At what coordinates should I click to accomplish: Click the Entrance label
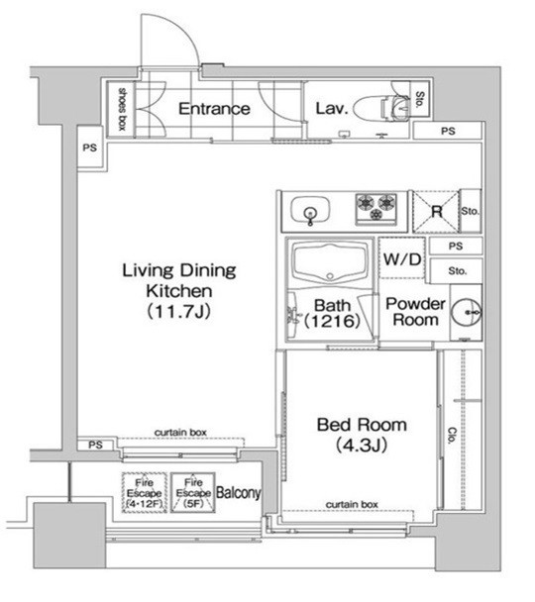tap(213, 108)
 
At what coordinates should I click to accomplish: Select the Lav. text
tap(330, 108)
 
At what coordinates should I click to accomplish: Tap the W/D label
tap(402, 259)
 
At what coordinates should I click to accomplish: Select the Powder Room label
tap(414, 312)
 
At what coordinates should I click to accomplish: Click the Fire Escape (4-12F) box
tap(141, 492)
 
